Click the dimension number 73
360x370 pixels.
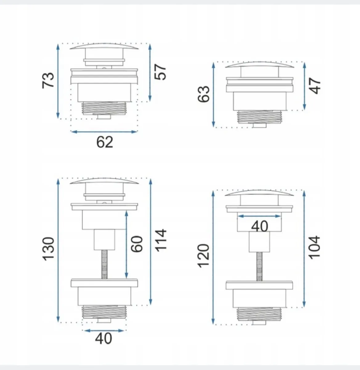(48, 80)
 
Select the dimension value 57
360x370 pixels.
(160, 72)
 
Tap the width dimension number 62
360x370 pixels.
(105, 142)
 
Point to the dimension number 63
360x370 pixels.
(204, 94)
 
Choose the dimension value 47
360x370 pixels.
(315, 86)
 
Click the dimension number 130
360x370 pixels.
(49, 249)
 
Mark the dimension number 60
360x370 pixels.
(137, 244)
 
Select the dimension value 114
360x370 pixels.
(161, 240)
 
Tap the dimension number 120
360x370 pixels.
(204, 256)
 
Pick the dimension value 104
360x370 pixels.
(314, 248)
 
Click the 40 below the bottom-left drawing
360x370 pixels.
(103, 338)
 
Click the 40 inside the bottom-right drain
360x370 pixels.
(260, 227)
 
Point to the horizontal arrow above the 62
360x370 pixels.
(104, 132)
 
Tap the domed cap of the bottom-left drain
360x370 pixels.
(104, 182)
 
